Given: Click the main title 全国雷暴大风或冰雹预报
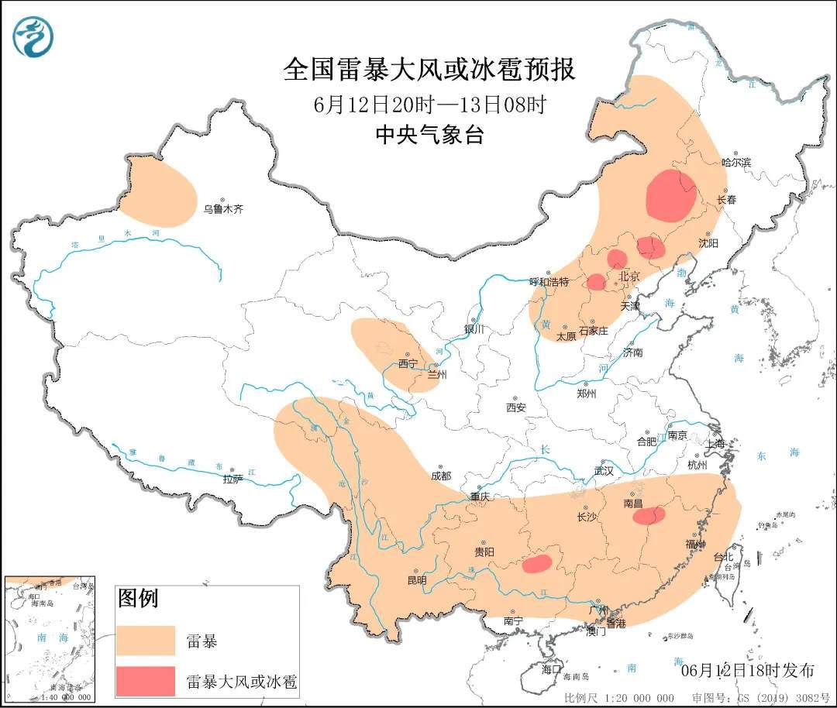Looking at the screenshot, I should tap(429, 70).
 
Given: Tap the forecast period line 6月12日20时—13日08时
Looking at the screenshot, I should tap(429, 105).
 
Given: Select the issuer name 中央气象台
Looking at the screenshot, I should tap(429, 135).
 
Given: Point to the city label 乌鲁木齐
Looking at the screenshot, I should tap(223, 208).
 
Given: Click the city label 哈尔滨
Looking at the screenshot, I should tap(736, 163).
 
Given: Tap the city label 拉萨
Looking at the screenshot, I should tap(232, 479).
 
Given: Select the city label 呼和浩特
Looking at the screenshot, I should tap(549, 282).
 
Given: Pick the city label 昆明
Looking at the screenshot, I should tap(417, 579).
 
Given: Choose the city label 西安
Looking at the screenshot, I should tap(516, 407).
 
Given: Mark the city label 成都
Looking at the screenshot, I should tap(441, 476).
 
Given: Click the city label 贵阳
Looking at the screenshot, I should tap(484, 552).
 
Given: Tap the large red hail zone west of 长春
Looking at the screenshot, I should tap(670, 195).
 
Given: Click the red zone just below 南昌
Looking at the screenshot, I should tap(649, 515).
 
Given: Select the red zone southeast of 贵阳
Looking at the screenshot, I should tap(536, 563).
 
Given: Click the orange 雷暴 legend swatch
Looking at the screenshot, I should tap(145, 640).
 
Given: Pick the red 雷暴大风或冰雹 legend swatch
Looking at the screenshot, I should tap(145, 681).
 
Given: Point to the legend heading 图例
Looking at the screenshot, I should tap(138, 598).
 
